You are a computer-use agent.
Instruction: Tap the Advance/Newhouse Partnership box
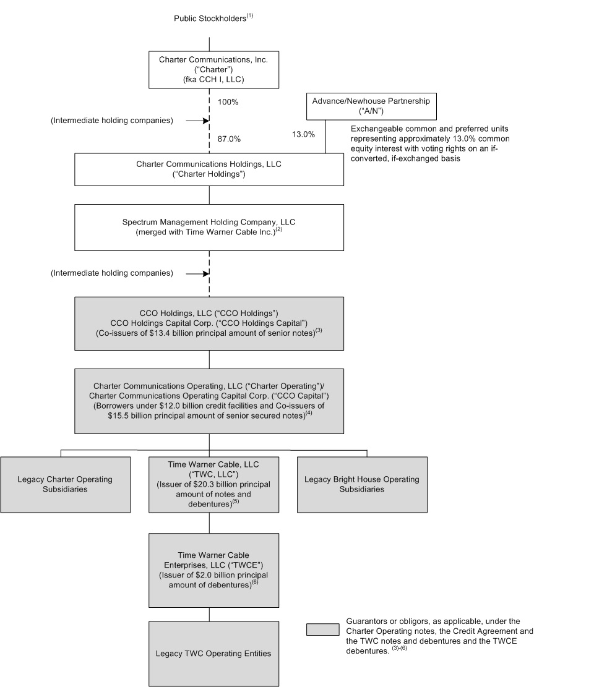pyautogui.click(x=372, y=106)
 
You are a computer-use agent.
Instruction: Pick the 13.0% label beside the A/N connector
pyautogui.click(x=303, y=134)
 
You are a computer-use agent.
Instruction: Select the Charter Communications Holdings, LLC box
pyautogui.click(x=209, y=169)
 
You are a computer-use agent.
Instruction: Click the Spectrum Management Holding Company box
pyautogui.click(x=209, y=228)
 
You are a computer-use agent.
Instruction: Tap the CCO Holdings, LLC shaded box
pyautogui.click(x=209, y=323)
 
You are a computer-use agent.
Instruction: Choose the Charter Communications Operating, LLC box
pyautogui.click(x=209, y=401)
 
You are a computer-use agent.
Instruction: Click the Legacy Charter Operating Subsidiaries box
pyautogui.click(x=65, y=484)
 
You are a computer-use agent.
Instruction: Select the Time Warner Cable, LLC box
pyautogui.click(x=209, y=484)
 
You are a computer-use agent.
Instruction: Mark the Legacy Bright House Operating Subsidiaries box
pyautogui.click(x=362, y=484)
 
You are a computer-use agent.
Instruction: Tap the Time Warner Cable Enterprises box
pyautogui.click(x=209, y=570)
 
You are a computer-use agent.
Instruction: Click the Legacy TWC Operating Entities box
pyautogui.click(x=209, y=653)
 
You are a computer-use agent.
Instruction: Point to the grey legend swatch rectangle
pyautogui.click(x=323, y=629)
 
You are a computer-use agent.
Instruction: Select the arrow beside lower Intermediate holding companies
pyautogui.click(x=195, y=273)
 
